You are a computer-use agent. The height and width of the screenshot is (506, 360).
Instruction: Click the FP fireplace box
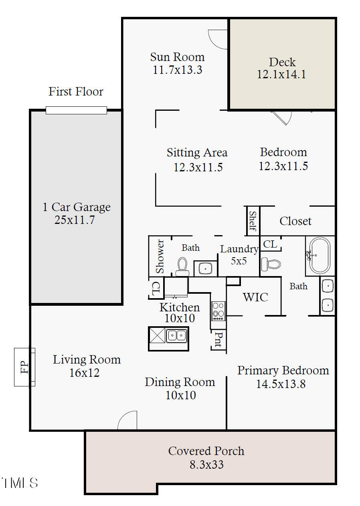(x=25, y=367)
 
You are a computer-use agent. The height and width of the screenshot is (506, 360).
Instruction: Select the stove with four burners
(x=218, y=311)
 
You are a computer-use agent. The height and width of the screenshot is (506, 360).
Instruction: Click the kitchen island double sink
(x=177, y=335)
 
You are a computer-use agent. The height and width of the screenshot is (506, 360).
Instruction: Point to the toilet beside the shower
(x=182, y=266)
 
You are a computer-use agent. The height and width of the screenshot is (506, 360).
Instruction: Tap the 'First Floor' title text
(x=76, y=91)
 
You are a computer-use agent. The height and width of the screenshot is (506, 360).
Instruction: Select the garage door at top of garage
(x=76, y=110)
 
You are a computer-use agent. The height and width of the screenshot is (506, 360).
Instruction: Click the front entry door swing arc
(x=127, y=421)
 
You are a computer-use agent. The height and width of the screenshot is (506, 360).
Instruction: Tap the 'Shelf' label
(x=253, y=221)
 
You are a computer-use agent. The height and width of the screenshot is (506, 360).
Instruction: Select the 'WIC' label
(x=255, y=297)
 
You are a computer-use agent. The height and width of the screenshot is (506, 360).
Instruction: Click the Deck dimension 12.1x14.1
(x=281, y=75)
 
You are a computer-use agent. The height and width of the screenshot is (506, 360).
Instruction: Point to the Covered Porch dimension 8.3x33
(x=206, y=465)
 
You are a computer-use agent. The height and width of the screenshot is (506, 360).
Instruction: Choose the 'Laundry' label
(x=239, y=249)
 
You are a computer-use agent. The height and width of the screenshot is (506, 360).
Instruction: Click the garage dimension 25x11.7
(x=75, y=220)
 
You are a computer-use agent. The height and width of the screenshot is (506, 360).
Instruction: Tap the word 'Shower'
(x=160, y=256)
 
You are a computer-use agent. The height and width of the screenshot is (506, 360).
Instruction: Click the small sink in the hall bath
(x=206, y=268)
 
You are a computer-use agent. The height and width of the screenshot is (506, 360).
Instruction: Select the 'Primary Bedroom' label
(x=283, y=370)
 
